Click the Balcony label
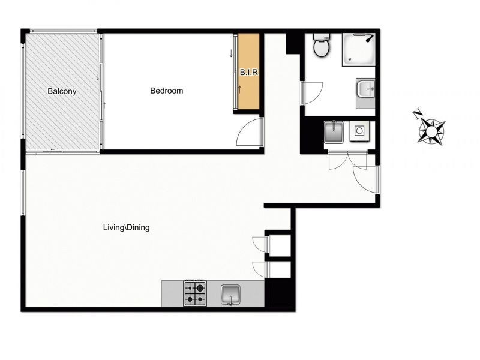pyautogui.click(x=62, y=92)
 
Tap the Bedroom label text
pyautogui.click(x=166, y=91)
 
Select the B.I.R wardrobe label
pyautogui.click(x=249, y=72)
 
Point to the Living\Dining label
pyautogui.click(x=125, y=227)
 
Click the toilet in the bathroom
pyautogui.click(x=322, y=46)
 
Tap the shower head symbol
pyautogui.click(x=370, y=38)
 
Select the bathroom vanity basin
pyautogui.click(x=366, y=91)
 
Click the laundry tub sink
pyautogui.click(x=334, y=131)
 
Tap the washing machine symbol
pyautogui.click(x=361, y=131)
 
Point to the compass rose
pyautogui.click(x=431, y=130)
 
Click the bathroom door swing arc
pyautogui.click(x=313, y=93)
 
